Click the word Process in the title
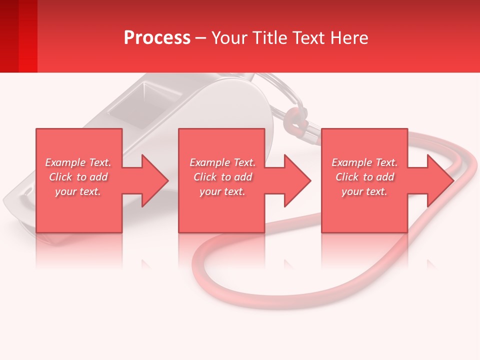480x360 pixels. tap(157, 38)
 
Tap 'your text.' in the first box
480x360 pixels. tap(78, 191)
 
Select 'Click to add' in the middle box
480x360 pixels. tap(222, 177)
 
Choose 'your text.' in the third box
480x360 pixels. tap(364, 191)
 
